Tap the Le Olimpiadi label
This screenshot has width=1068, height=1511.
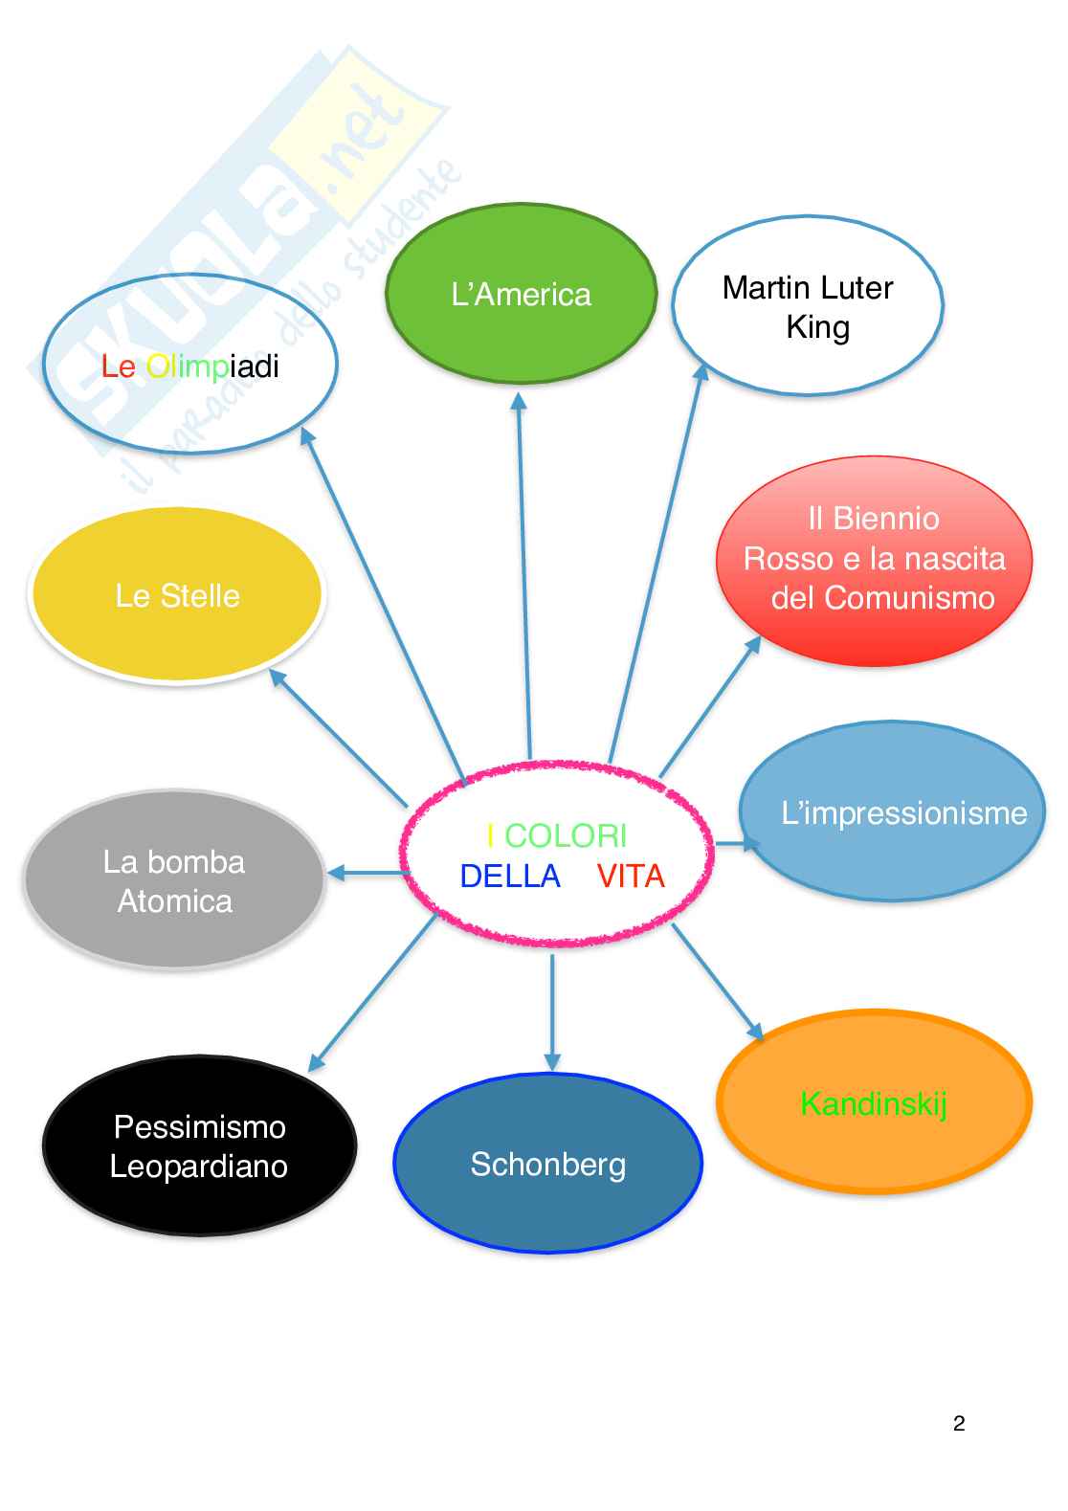tap(190, 367)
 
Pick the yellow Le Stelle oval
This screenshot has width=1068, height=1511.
tap(177, 595)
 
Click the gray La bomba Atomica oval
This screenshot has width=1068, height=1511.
tap(174, 880)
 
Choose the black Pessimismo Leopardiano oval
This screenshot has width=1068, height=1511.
tap(199, 1145)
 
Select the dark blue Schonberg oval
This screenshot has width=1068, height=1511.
tap(547, 1164)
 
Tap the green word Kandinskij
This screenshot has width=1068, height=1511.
tap(873, 1103)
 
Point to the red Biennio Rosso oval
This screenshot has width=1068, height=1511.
tap(874, 559)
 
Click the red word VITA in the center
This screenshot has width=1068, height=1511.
tap(631, 876)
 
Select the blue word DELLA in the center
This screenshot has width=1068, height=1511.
tap(510, 876)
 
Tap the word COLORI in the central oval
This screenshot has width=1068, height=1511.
tap(565, 835)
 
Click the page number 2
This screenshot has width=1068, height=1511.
tap(959, 1423)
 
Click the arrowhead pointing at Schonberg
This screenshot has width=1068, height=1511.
tap(552, 1060)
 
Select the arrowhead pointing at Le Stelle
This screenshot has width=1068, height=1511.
tap(278, 677)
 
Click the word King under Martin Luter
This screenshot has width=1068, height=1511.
tap(817, 327)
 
